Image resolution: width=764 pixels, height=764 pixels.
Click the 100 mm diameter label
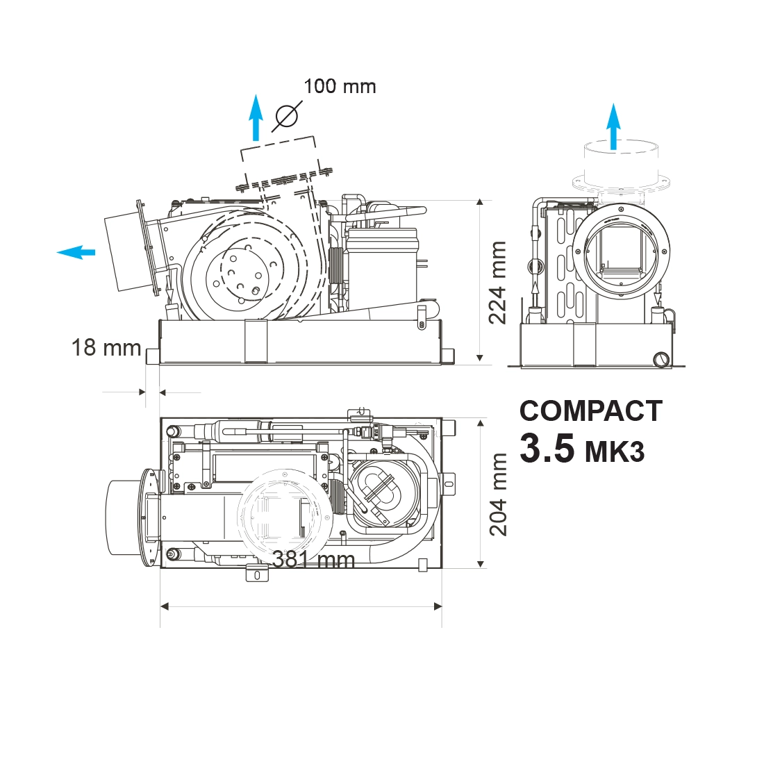[x=340, y=87]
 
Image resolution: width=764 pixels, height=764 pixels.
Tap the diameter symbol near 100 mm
[x=286, y=116]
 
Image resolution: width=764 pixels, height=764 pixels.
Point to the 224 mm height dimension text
[x=497, y=282]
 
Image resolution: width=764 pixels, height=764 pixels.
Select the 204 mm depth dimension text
[x=498, y=495]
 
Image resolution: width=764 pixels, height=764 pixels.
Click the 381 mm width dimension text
[x=313, y=559]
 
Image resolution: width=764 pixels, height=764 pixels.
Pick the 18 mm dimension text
[x=106, y=348]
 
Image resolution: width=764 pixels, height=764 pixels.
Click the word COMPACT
[x=591, y=411]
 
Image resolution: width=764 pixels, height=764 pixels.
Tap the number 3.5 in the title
[x=547, y=448]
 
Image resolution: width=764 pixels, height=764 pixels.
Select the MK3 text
[x=615, y=452]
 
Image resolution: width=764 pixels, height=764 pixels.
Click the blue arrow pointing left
[x=76, y=252]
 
